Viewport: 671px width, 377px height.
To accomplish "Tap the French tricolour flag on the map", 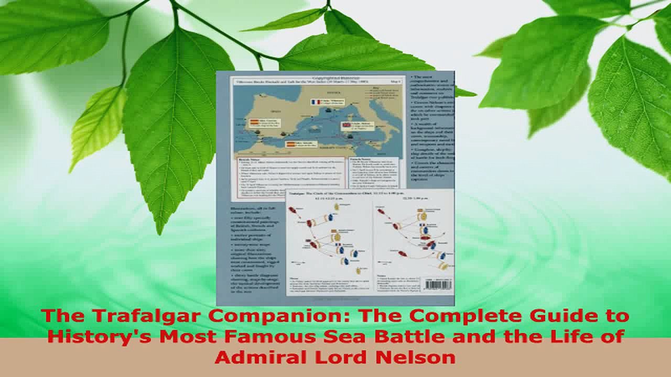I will [x=316, y=103].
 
